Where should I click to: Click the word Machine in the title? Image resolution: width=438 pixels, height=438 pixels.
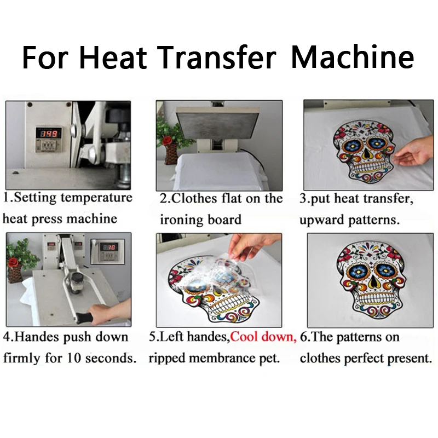click(x=353, y=57)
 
